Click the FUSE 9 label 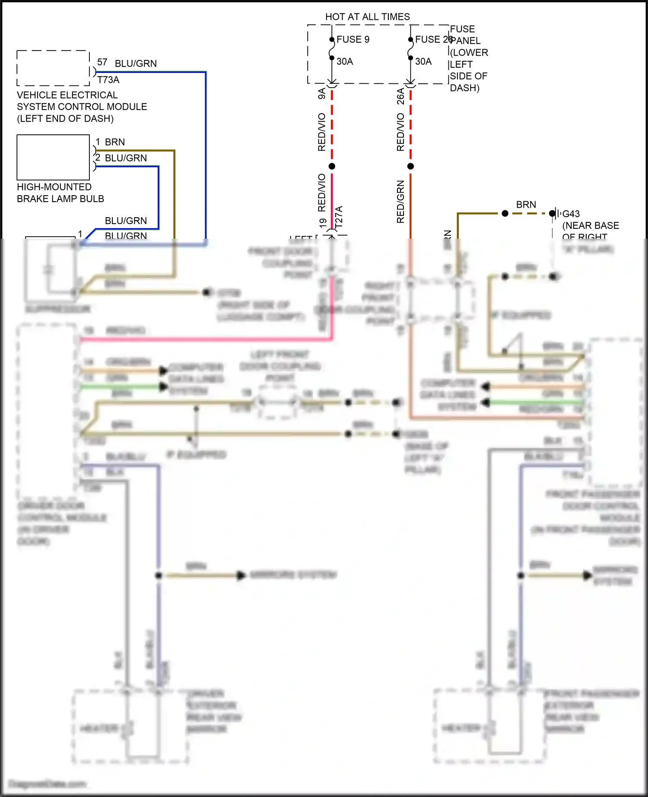pyautogui.click(x=353, y=39)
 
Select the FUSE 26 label pyautogui.click(x=432, y=39)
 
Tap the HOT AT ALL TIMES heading pyautogui.click(x=367, y=17)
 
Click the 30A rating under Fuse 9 pyautogui.click(x=345, y=61)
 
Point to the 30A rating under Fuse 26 pyautogui.click(x=423, y=61)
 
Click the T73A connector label pyautogui.click(x=108, y=80)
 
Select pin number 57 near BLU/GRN pyautogui.click(x=102, y=62)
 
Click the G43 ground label pyautogui.click(x=571, y=214)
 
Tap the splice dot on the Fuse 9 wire pyautogui.click(x=332, y=166)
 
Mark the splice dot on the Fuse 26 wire pyautogui.click(x=410, y=166)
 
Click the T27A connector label pyautogui.click(x=339, y=217)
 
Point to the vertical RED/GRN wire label pyautogui.click(x=400, y=202)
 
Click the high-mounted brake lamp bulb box pyautogui.click(x=53, y=157)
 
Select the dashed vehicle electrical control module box pyautogui.click(x=53, y=68)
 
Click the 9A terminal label pyautogui.click(x=322, y=94)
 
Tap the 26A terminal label pyautogui.click(x=400, y=96)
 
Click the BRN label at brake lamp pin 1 pyautogui.click(x=115, y=142)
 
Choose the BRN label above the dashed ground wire pyautogui.click(x=526, y=205)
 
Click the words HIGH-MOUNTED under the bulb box pyautogui.click(x=54, y=187)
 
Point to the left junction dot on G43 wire pyautogui.click(x=505, y=213)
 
